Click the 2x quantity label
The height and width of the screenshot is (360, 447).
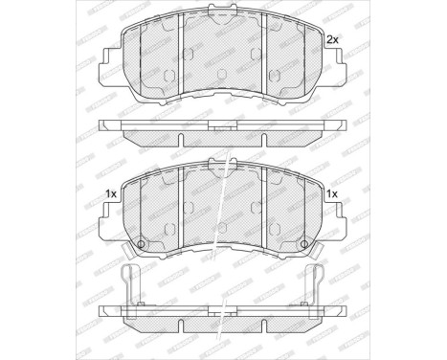333,39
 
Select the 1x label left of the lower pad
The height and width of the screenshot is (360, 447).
111,194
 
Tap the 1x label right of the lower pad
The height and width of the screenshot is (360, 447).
333,194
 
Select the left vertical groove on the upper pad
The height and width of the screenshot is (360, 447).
182,57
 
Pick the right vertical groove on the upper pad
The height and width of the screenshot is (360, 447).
261,57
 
